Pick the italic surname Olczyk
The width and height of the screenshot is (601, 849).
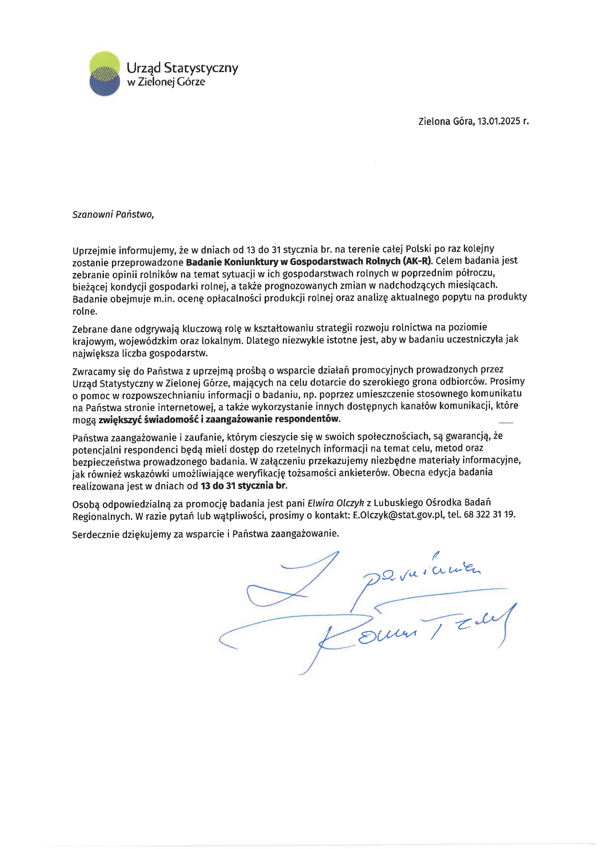pos(350,503)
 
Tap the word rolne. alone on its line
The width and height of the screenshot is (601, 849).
pos(85,311)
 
